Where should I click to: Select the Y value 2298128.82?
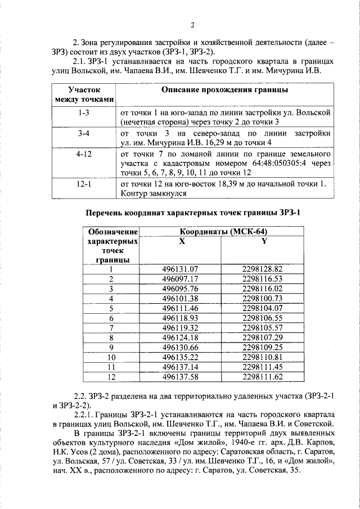point(262,269)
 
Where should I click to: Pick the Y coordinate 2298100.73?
point(262,298)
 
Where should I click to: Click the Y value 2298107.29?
point(262,337)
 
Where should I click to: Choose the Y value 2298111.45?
point(262,367)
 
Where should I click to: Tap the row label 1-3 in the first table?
point(84,112)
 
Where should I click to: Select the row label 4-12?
point(84,153)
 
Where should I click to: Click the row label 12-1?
point(84,183)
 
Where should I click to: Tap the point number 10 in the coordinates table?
point(111,357)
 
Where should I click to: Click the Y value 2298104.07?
point(262,308)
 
